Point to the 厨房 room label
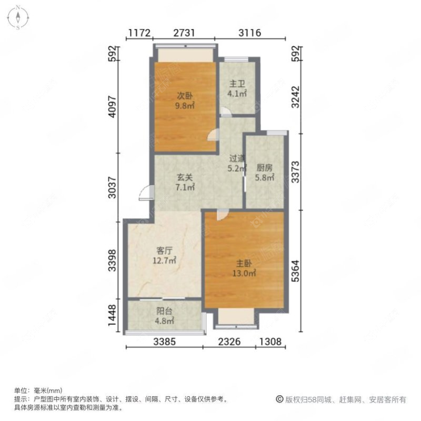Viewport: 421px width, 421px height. [264, 173]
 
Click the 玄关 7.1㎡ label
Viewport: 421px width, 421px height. [185, 182]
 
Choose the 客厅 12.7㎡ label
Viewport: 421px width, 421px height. [164, 255]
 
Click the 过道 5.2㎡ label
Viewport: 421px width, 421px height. [237, 163]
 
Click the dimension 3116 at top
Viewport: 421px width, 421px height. [250, 33]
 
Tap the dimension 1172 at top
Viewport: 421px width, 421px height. [139, 33]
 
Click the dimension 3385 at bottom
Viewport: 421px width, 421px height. [164, 342]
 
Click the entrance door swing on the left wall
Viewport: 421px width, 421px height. [144, 194]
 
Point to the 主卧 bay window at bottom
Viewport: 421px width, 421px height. [236, 318]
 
